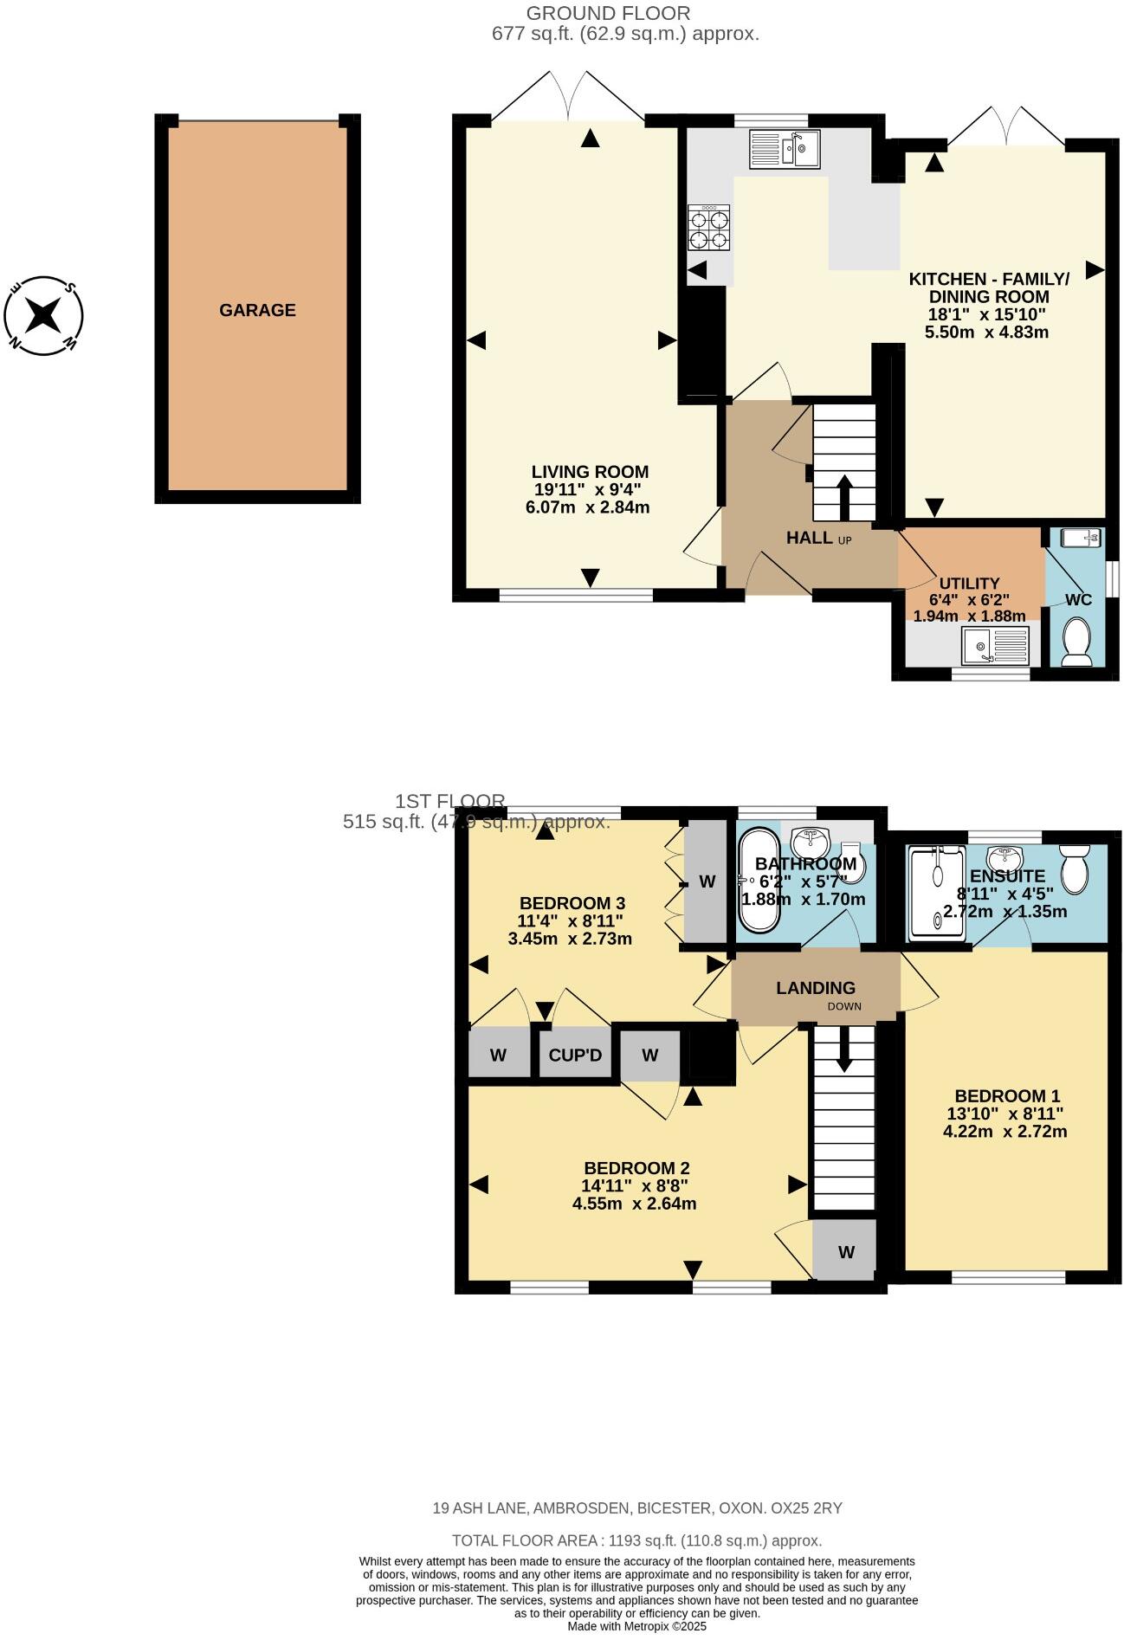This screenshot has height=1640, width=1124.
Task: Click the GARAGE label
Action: coord(257,310)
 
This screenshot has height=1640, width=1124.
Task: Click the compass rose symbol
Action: coord(43,315)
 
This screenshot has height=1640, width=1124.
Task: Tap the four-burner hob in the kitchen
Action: coord(709,229)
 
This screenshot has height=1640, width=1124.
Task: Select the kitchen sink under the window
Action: coord(785,148)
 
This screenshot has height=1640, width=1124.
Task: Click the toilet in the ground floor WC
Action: coord(1077,642)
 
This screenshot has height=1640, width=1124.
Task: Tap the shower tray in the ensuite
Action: coord(936,893)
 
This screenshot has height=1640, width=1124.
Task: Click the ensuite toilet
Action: coord(1075,868)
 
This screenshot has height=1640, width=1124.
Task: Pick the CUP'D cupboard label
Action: coord(575,1056)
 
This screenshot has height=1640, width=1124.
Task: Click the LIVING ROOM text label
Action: coord(590,472)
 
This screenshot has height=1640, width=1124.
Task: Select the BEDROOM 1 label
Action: coord(1005,1095)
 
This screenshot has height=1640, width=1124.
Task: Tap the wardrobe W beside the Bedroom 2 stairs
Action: coord(846,1252)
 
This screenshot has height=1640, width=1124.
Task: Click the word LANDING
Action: coord(815,988)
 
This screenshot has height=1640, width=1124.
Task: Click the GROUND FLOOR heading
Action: coord(608,13)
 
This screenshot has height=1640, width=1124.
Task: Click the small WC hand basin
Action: coord(1080,539)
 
